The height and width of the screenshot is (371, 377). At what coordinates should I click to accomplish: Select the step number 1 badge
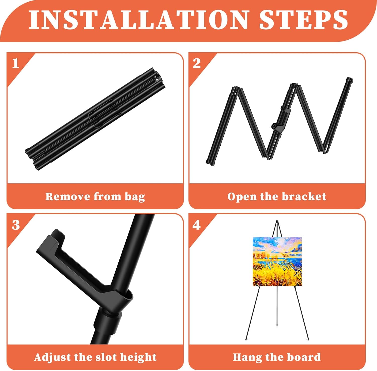click(x=16, y=63)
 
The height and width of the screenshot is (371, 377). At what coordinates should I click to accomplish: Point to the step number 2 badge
click(x=197, y=63)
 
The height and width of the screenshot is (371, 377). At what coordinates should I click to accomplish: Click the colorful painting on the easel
click(x=277, y=262)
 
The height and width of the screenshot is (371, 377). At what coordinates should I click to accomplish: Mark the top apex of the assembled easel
click(x=277, y=221)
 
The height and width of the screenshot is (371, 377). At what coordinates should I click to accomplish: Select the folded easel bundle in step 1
click(x=95, y=119)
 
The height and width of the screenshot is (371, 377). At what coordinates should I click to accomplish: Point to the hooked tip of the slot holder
click(x=57, y=233)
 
